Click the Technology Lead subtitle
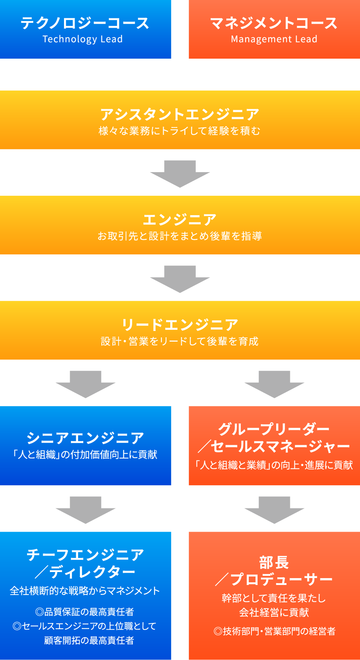coord(83,39)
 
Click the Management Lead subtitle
coord(274,39)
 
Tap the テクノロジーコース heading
coord(85,23)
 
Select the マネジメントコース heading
coord(274,23)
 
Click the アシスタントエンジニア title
coord(180,114)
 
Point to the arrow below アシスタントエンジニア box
coord(180,173)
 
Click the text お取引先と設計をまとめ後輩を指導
coord(180,236)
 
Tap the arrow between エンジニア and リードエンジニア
coord(180,278)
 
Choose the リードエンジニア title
coord(180,325)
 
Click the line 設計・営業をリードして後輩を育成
coord(180,341)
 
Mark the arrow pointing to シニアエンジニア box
coord(85,384)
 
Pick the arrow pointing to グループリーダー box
coord(274,384)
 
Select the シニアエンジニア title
coord(85,438)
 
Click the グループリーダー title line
coord(274,429)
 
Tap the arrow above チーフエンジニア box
coord(85,510)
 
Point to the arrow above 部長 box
coord(274,510)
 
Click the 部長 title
coord(274,562)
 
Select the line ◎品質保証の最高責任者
coord(85,612)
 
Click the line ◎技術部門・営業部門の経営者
coord(274,631)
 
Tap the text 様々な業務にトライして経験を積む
coord(180,131)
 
